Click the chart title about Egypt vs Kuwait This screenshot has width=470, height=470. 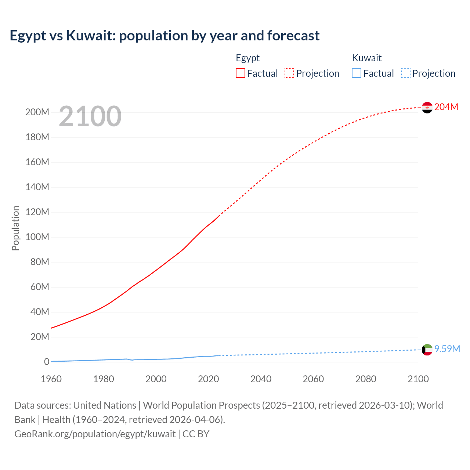click(x=164, y=36)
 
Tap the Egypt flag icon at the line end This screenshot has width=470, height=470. click(x=427, y=108)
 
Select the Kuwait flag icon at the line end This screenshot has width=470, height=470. click(x=427, y=350)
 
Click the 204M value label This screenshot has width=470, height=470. click(x=446, y=107)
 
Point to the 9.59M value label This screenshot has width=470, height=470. click(x=447, y=349)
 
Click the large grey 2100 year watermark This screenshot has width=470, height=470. click(x=90, y=116)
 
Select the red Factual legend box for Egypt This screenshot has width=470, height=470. click(x=241, y=73)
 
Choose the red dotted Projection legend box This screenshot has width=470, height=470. click(x=289, y=73)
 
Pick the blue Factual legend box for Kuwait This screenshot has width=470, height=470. click(x=357, y=73)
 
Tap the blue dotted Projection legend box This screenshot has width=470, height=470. click(x=406, y=73)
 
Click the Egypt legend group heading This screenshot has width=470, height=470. click(x=247, y=58)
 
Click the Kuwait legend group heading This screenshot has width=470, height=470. click(x=366, y=58)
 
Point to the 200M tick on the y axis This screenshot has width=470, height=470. click(x=37, y=112)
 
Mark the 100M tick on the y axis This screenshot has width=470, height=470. click(x=37, y=237)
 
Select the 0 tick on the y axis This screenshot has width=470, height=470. click(x=46, y=362)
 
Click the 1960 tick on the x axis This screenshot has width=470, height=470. click(x=51, y=379)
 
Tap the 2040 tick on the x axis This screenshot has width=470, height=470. click(x=261, y=379)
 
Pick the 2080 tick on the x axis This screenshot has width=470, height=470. click(x=366, y=379)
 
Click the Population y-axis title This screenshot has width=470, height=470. click(x=15, y=228)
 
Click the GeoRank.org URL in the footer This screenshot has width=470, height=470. click(x=95, y=434)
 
